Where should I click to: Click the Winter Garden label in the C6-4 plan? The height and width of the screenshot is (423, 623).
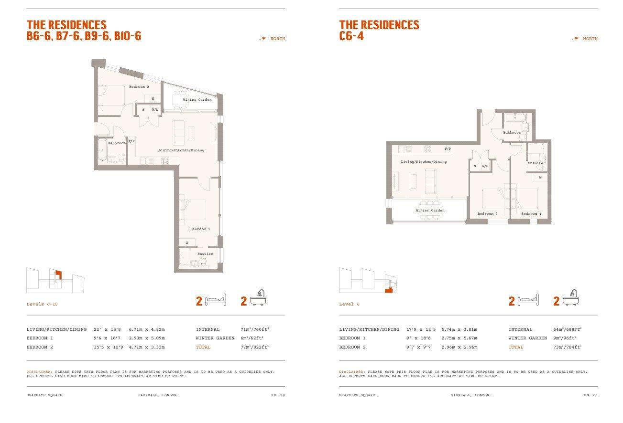430,210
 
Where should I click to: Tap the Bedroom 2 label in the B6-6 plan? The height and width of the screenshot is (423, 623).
139,87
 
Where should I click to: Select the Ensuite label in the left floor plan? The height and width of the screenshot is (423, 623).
205,254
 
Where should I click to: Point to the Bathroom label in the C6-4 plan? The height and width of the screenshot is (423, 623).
512,132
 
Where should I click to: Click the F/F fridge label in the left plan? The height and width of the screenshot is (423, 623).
131,141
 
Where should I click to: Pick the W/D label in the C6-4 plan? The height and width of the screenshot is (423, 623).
485,166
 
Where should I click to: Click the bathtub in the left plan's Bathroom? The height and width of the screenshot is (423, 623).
102,150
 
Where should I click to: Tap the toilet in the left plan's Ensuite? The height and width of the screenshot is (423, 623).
203,262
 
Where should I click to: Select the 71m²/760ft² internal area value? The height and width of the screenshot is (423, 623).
254,329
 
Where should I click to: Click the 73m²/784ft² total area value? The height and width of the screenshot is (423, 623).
568,347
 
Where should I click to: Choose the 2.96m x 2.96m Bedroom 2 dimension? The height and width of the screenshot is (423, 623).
459,347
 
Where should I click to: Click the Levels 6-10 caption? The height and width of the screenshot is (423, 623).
42,304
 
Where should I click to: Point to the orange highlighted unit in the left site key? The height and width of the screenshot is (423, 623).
59,275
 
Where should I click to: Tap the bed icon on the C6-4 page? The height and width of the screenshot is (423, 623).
528,300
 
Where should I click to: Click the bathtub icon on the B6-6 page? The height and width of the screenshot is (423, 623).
258,298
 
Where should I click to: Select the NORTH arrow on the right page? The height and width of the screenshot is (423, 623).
575,39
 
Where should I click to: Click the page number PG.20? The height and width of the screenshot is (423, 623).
278,395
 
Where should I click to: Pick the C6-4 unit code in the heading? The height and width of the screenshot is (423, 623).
351,36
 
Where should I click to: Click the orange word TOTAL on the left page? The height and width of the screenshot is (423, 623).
203,347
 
